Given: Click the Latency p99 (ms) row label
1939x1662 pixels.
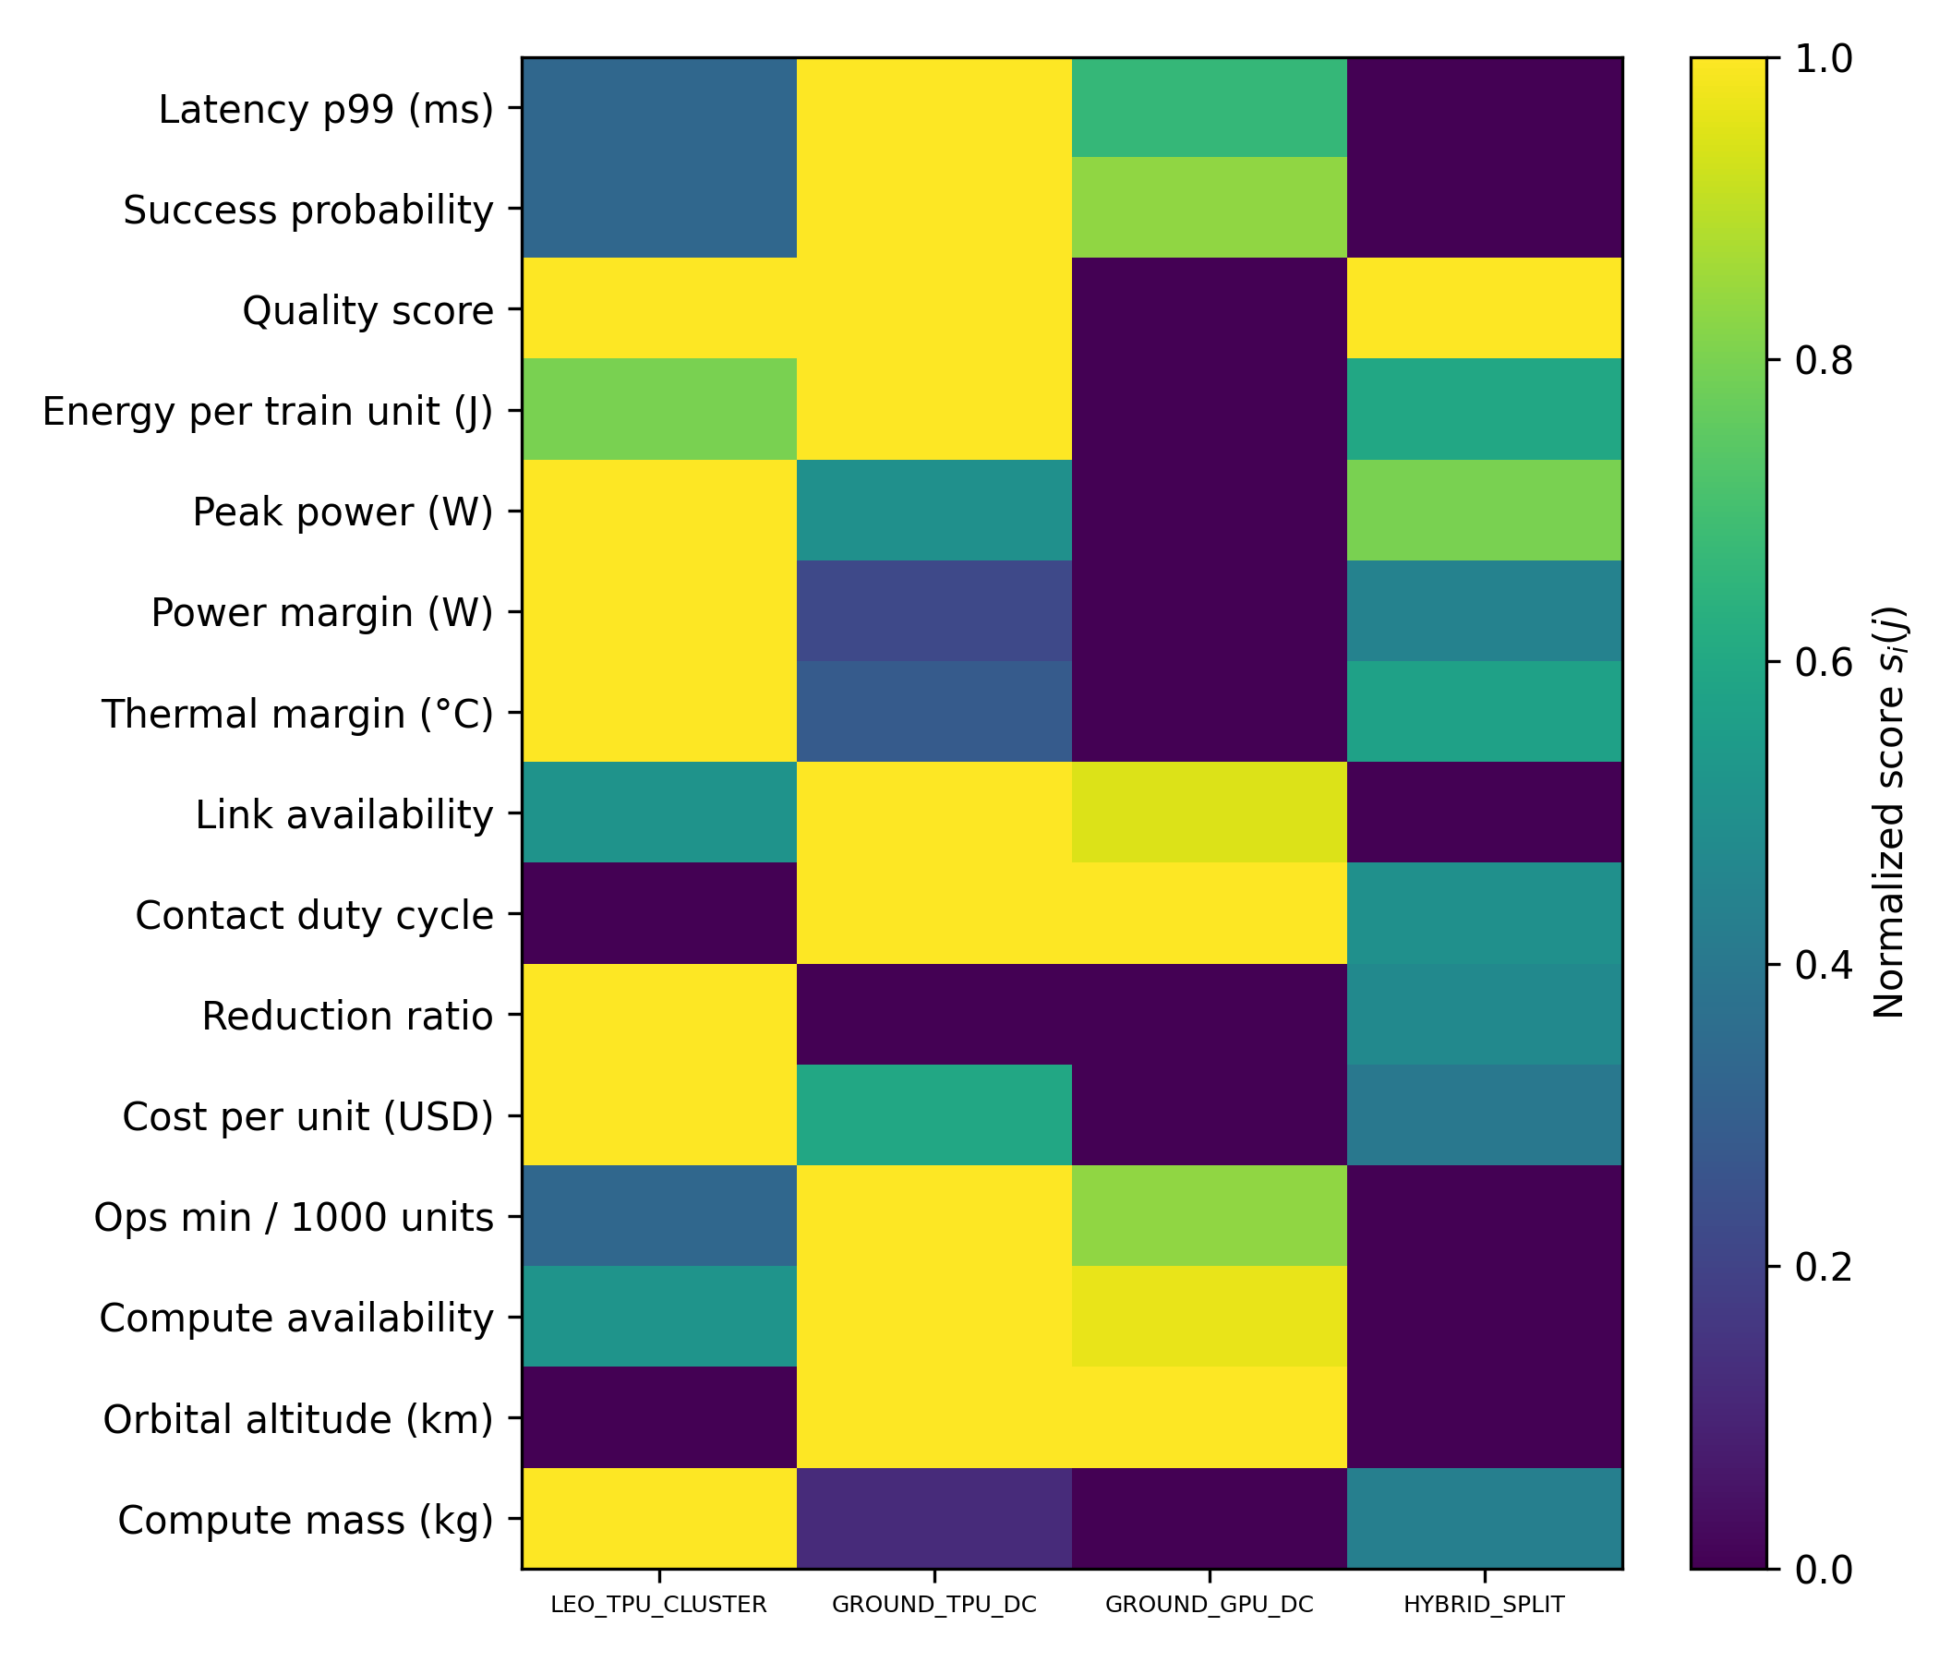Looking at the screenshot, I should click(x=326, y=110).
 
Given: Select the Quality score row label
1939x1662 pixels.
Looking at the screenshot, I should click(x=367, y=310).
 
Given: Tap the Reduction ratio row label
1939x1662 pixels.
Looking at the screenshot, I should click(x=347, y=1017).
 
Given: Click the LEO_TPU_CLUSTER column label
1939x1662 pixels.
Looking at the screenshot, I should click(x=659, y=1605).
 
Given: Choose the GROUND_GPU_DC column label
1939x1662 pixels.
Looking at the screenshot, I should click(x=1209, y=1605).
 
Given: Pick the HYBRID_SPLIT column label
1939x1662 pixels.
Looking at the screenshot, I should click(x=1483, y=1605).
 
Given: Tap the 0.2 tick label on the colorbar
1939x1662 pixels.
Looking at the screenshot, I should click(x=1824, y=1267).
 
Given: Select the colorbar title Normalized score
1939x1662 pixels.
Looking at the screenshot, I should click(x=1889, y=813).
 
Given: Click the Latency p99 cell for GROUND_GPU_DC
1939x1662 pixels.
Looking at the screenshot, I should click(x=1209, y=108).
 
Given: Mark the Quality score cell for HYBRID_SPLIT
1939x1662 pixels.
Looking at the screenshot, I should click(x=1484, y=308).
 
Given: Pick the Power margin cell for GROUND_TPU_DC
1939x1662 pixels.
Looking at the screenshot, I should click(x=933, y=611).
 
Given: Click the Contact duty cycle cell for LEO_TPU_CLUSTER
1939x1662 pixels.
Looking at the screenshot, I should click(x=659, y=913).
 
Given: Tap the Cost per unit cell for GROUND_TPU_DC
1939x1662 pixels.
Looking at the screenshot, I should click(x=933, y=1115).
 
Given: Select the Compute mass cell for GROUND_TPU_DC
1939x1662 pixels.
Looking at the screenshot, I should click(x=933, y=1519).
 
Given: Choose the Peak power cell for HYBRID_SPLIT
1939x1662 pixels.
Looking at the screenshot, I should click(x=1484, y=510).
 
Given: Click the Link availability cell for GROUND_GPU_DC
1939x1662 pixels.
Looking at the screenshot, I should click(x=1209, y=813).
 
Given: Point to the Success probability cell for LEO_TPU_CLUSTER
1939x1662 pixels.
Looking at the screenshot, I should click(x=659, y=208).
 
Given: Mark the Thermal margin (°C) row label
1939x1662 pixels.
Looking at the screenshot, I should click(x=296, y=714).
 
